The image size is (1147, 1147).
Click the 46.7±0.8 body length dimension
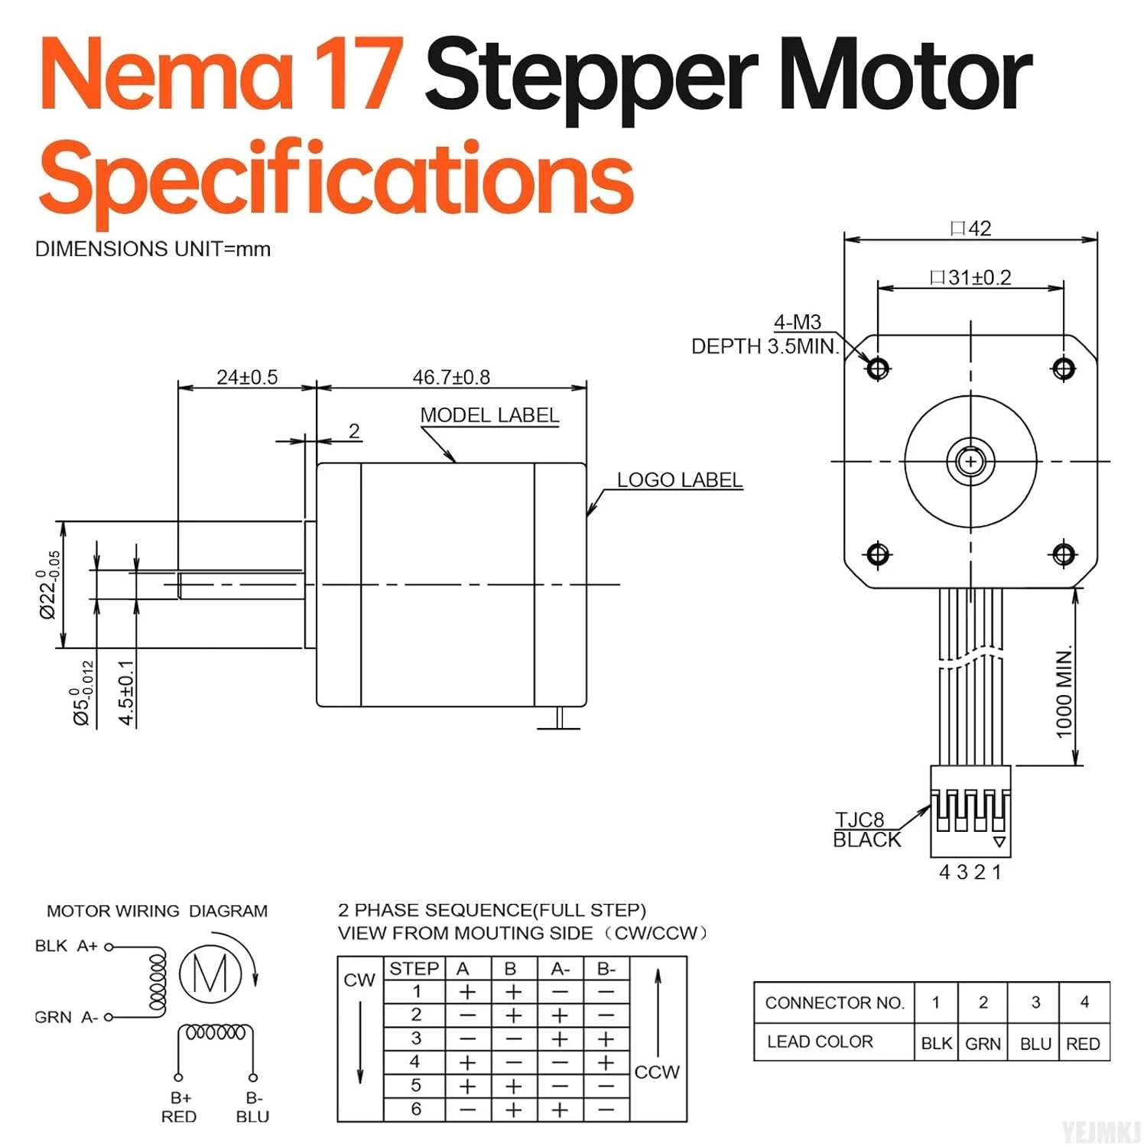click(451, 377)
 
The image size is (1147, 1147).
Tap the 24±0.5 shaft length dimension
click(247, 377)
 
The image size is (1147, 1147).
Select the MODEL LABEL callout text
click(489, 415)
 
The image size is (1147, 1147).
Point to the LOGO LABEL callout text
click(680, 479)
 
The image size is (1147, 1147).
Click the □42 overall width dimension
click(971, 228)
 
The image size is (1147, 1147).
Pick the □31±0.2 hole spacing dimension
click(971, 277)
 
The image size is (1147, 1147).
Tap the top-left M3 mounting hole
click(878, 369)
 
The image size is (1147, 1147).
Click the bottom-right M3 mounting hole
click(1064, 554)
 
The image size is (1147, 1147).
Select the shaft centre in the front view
click(971, 462)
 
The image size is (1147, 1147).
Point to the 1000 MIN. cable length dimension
click(1064, 693)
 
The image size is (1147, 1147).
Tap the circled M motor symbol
click(210, 973)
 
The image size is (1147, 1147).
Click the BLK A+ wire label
click(67, 946)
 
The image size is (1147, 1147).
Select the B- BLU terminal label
click(253, 1107)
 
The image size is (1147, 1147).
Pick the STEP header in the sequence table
click(414, 968)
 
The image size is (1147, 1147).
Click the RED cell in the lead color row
click(1083, 1044)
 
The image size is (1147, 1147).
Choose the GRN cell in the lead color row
click(983, 1044)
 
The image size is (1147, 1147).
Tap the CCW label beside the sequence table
click(657, 1071)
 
